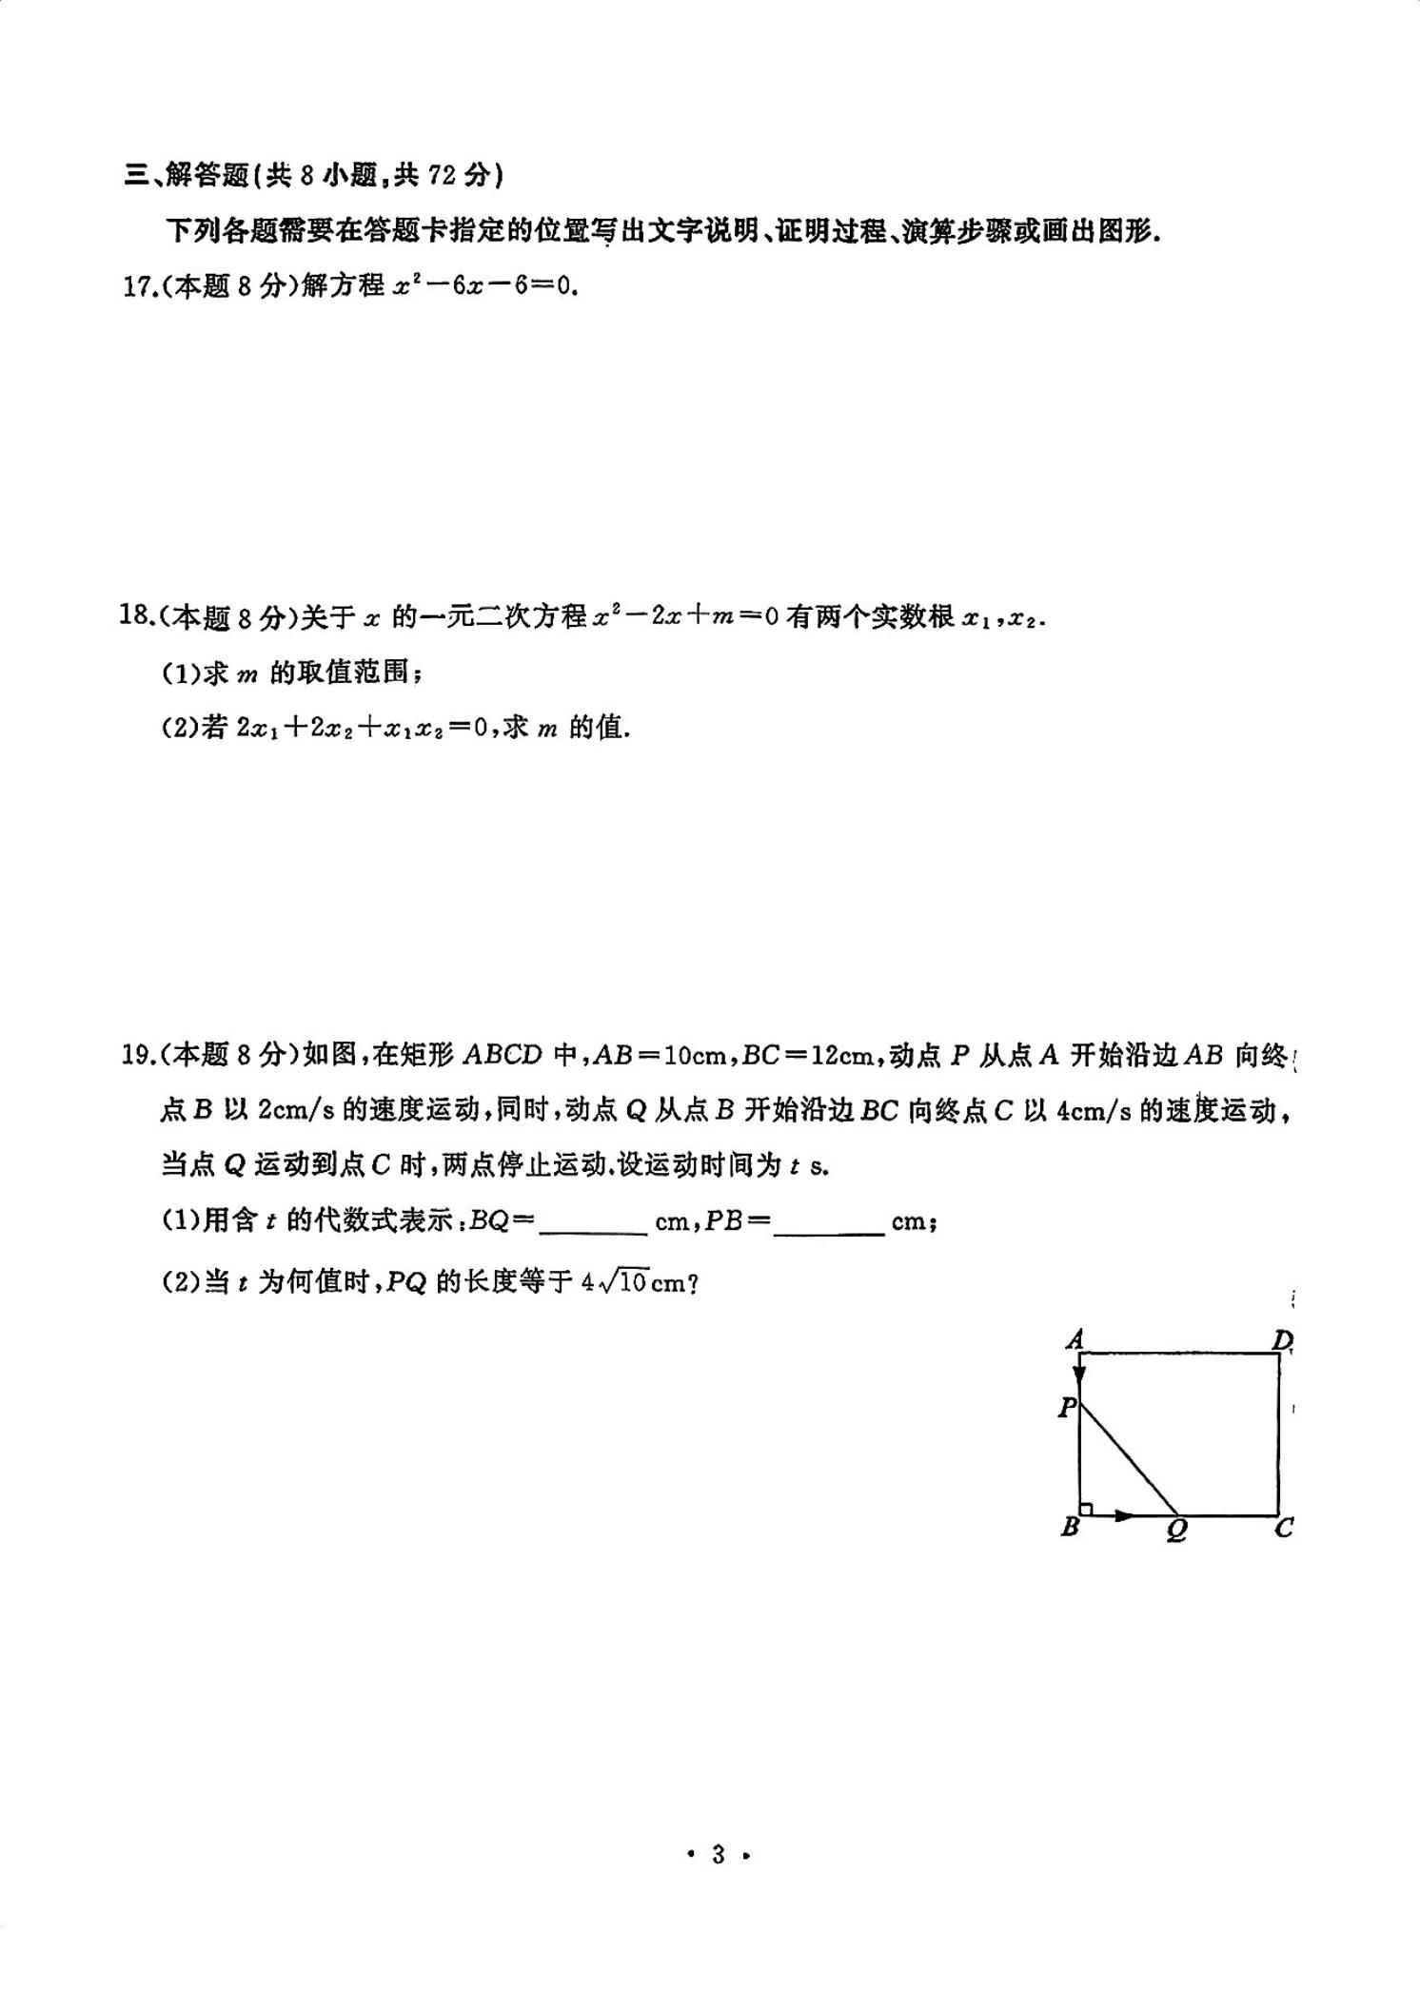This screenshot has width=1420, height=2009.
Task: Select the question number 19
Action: [138, 1055]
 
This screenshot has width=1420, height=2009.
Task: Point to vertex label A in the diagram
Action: [1075, 1340]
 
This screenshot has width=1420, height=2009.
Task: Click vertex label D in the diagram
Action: [1282, 1340]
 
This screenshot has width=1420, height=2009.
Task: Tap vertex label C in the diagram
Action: [1284, 1529]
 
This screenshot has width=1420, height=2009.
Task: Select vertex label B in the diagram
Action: [1070, 1528]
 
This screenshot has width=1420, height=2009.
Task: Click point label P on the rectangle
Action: [1067, 1407]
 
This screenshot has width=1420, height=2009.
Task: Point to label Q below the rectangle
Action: [1177, 1530]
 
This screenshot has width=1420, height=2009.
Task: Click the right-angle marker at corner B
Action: [1086, 1508]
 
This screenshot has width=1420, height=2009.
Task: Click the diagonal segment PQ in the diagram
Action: [1128, 1460]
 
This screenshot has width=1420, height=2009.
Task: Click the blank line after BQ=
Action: [593, 1224]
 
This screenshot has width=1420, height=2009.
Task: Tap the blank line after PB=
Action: [829, 1224]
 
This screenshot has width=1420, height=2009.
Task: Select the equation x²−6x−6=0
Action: [484, 286]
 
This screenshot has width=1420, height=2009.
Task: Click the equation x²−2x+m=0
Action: [684, 617]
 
